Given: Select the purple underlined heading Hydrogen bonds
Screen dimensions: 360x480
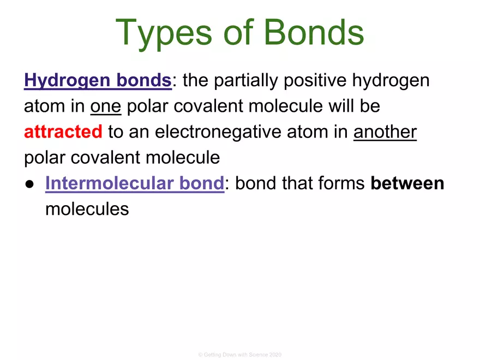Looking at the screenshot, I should (98, 81).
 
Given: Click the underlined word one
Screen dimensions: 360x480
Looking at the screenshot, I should (105, 106).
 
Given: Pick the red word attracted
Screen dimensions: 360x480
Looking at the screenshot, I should (63, 132).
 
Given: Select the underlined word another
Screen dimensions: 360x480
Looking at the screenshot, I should (385, 132).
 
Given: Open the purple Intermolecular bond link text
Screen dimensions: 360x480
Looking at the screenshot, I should (134, 184).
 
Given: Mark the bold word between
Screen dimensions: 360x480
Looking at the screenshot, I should (407, 184).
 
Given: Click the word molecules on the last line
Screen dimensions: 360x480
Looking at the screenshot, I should (87, 209).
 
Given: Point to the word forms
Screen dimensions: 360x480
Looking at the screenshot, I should (340, 184).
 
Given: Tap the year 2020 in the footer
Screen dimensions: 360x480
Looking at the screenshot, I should (275, 355).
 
